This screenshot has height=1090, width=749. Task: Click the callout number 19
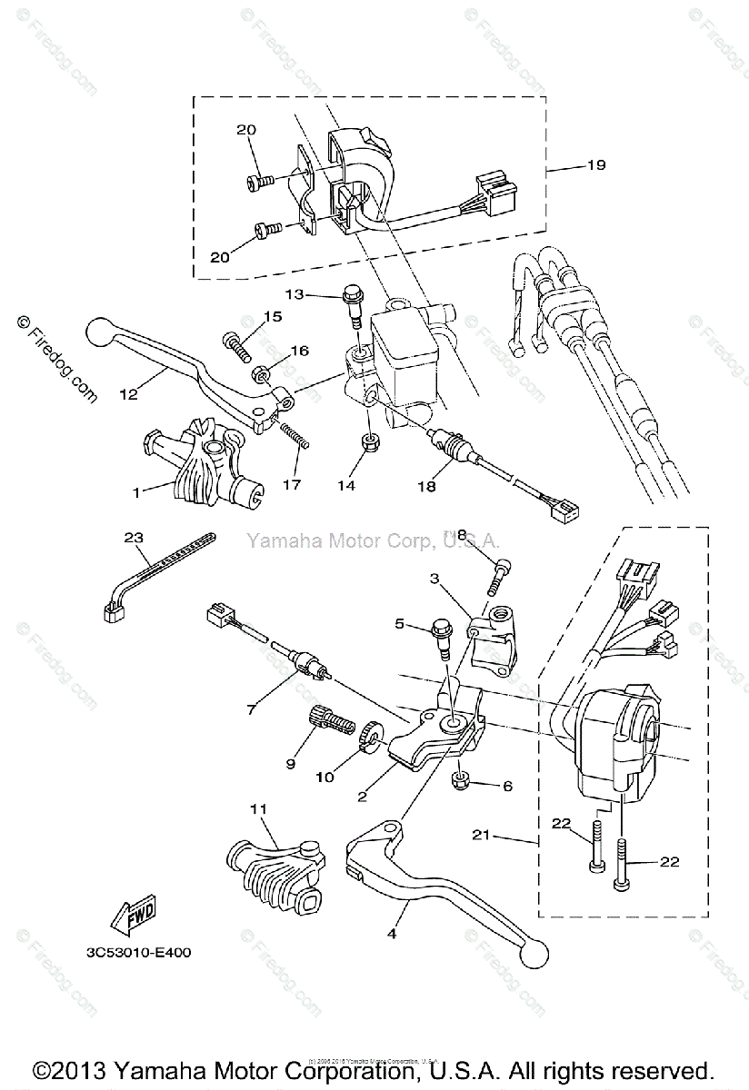pyautogui.click(x=596, y=165)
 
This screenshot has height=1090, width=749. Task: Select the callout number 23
pyautogui.click(x=135, y=537)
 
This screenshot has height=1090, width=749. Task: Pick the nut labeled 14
pyautogui.click(x=370, y=442)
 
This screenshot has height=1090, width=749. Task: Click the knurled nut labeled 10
pyautogui.click(x=371, y=736)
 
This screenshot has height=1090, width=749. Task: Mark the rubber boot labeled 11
pyautogui.click(x=273, y=872)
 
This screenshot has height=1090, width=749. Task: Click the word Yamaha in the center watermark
pyautogui.click(x=275, y=542)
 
